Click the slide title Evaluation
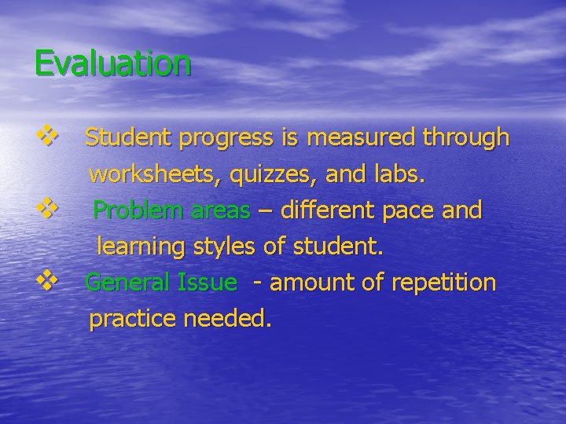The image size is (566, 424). [x=112, y=63]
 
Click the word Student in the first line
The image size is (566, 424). [x=129, y=138]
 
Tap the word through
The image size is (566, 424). [x=465, y=140]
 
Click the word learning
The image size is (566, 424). [x=140, y=248]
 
